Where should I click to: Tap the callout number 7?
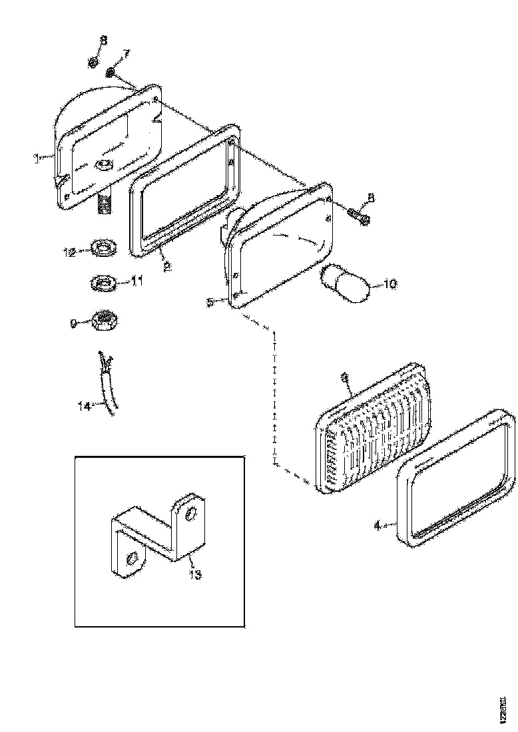[x=127, y=54]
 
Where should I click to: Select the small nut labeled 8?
[x=94, y=63]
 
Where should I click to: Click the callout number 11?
[x=136, y=281]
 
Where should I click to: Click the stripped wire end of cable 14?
[x=103, y=360]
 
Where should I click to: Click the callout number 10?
[x=389, y=284]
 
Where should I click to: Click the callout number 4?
[x=377, y=526]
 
